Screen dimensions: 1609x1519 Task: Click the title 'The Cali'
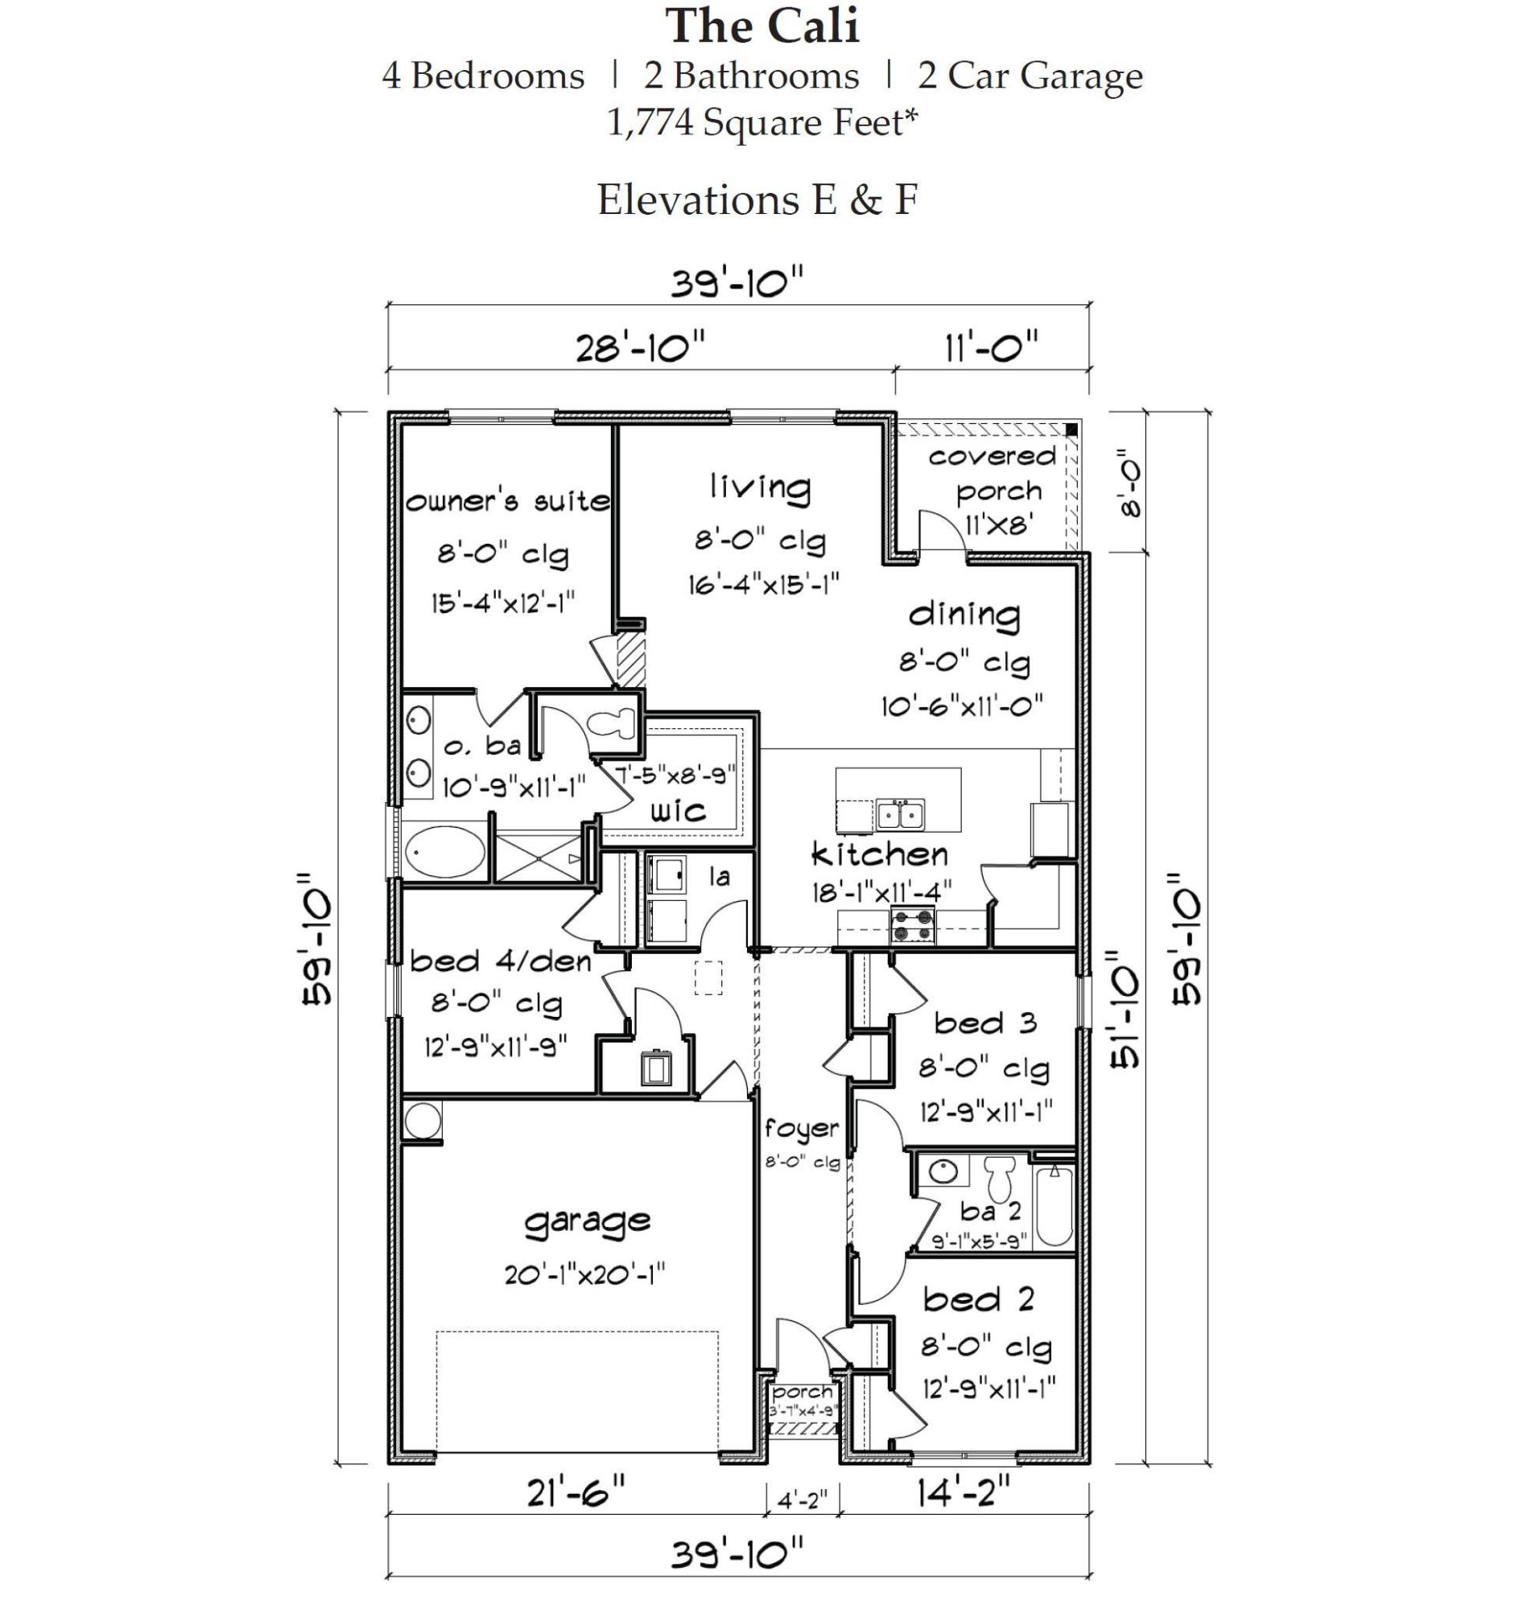(x=762, y=26)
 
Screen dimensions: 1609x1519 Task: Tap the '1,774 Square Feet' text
(x=762, y=123)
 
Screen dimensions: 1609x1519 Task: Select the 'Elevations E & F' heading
(x=757, y=200)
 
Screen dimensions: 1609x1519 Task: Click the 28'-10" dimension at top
(x=641, y=348)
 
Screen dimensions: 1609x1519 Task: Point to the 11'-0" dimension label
(x=990, y=348)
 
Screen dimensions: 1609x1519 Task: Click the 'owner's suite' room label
(x=508, y=502)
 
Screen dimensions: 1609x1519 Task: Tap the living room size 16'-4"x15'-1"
(x=764, y=583)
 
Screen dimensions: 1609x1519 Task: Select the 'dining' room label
(x=964, y=615)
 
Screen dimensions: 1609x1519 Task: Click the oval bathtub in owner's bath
(x=444, y=851)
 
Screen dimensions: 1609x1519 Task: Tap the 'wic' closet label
(x=678, y=811)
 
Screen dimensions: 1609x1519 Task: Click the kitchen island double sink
(x=900, y=813)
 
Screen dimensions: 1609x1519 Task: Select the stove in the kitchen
(x=913, y=925)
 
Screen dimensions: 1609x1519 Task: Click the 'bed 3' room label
(x=984, y=1023)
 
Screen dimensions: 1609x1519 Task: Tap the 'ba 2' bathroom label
(x=989, y=1211)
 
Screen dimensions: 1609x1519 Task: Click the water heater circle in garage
(x=422, y=1121)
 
